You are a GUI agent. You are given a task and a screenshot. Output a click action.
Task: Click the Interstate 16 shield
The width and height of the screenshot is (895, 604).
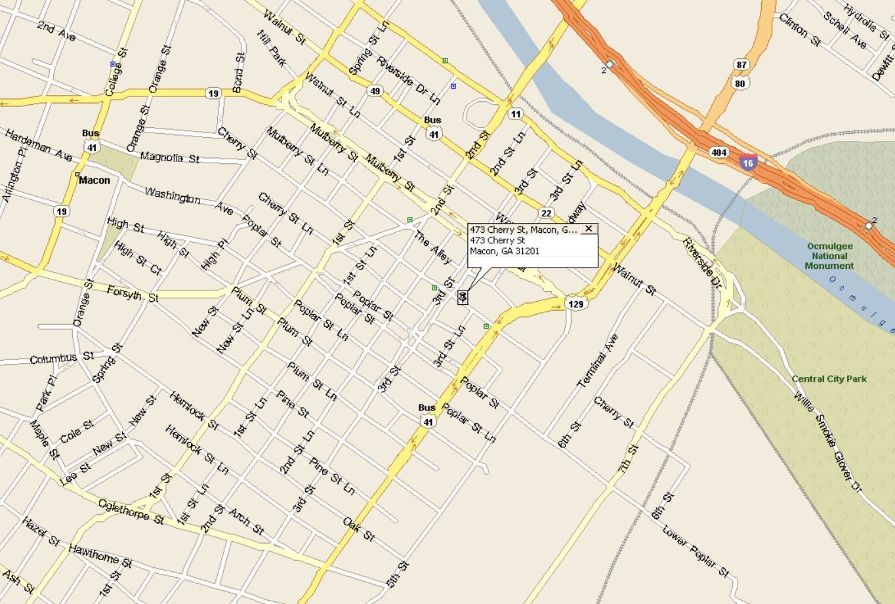coord(748,163)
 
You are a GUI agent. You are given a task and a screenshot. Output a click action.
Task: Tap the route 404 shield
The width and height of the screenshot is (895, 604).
coord(718,152)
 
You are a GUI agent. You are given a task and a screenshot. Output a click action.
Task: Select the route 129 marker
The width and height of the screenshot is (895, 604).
coord(575,304)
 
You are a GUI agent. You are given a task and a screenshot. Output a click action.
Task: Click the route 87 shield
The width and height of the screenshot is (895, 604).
coord(741,65)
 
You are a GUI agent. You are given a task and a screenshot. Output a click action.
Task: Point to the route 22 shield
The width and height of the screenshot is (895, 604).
coord(546,213)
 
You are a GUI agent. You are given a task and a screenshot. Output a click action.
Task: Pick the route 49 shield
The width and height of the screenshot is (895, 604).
coord(375,91)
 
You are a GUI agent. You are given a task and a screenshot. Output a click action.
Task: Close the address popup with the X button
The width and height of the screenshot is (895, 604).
coord(589,229)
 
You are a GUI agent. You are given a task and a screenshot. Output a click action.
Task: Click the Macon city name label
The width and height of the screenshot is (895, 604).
coord(94,180)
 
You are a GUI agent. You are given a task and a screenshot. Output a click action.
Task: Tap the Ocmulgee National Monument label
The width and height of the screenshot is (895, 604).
coord(829,256)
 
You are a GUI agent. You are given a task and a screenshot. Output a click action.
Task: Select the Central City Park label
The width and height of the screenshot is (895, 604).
coord(829,379)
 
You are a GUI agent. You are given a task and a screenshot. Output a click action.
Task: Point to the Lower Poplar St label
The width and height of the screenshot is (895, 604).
coord(695,551)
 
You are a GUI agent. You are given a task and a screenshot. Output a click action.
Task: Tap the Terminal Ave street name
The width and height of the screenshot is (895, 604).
coord(598,361)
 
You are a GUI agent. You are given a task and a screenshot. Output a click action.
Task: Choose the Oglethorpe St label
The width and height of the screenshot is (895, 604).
coord(131,512)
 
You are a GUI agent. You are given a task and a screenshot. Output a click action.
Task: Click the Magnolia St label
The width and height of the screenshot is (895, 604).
coord(170,157)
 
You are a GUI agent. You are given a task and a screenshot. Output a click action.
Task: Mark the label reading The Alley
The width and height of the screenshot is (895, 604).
coord(432,248)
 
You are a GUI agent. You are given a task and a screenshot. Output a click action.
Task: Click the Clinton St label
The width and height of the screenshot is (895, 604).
coord(799,30)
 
